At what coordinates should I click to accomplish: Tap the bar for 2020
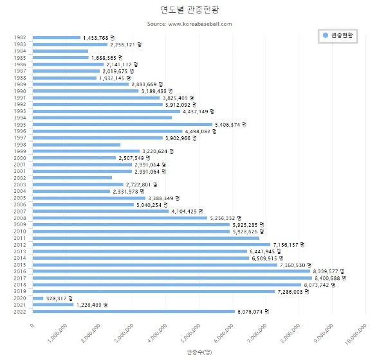coord(37,298)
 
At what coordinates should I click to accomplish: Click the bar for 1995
coord(122,124)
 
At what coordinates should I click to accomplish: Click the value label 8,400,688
coord(329,278)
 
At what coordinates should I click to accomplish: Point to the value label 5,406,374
coord(230,124)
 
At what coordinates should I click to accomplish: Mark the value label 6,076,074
coord(253,312)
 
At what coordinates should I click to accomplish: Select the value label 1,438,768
coord(98,38)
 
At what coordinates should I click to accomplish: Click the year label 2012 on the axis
coord(19,244)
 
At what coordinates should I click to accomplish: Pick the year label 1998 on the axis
coord(19,145)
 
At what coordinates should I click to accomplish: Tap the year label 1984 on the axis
coord(19,51)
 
